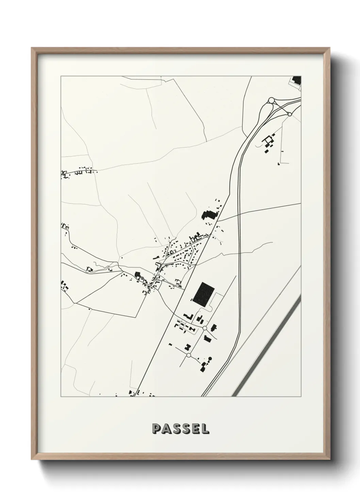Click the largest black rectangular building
(203, 293)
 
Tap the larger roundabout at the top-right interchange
(272, 100)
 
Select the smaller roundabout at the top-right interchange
(290, 114)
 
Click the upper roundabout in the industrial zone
(204, 328)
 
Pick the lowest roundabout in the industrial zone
(189, 355)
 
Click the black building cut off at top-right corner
(297, 81)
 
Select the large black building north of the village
(209, 216)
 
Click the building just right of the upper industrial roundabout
(213, 328)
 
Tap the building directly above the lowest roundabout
(187, 347)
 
